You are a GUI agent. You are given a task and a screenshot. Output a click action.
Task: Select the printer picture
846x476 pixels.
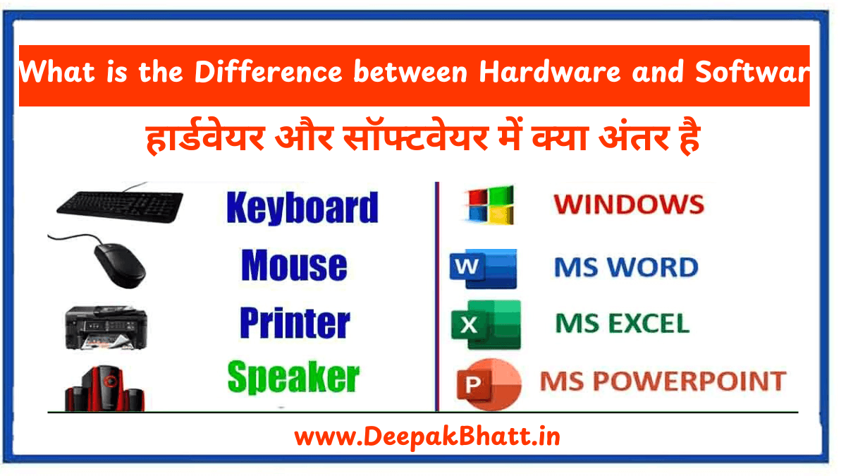click(105, 326)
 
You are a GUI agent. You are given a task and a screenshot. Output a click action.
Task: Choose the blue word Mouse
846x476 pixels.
click(294, 266)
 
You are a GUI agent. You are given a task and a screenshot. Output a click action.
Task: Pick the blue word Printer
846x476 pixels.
click(295, 323)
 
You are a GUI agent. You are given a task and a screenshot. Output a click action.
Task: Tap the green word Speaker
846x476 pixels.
click(293, 378)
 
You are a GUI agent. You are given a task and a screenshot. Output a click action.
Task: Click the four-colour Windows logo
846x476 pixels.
click(488, 205)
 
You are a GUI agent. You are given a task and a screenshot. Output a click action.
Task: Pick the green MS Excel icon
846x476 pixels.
click(486, 324)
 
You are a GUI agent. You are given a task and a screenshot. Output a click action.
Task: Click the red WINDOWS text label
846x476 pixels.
click(628, 205)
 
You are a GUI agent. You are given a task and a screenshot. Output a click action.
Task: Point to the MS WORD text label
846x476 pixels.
click(626, 267)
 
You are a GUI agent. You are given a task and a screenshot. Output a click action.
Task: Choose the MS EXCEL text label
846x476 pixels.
click(622, 324)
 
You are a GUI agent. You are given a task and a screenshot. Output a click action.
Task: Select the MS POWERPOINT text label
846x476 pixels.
click(662, 382)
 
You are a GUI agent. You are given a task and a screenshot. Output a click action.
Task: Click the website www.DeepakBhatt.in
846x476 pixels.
click(427, 437)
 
